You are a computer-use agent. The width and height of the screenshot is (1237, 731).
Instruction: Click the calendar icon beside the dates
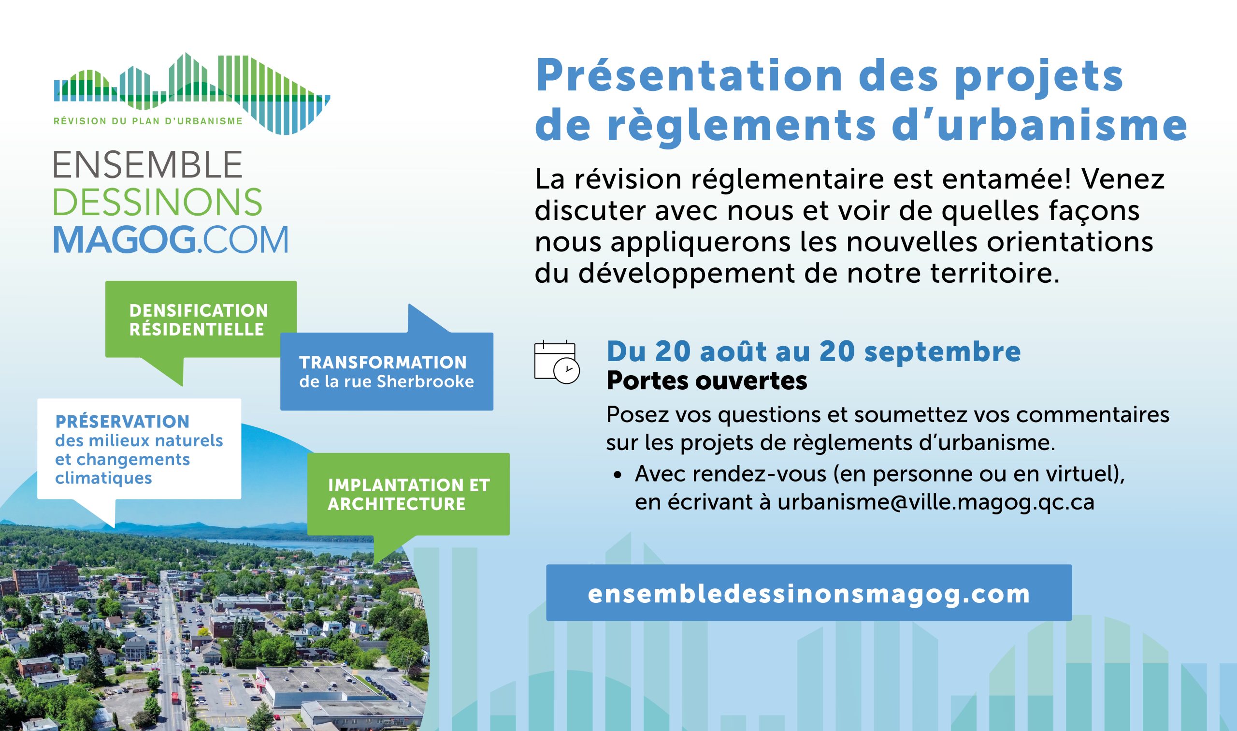tap(557, 362)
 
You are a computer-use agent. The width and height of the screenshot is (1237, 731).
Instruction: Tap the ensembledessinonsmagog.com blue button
tap(809, 593)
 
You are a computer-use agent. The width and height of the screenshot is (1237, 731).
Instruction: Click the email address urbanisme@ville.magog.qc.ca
tap(936, 502)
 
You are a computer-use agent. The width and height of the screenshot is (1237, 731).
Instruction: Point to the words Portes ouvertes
tap(706, 381)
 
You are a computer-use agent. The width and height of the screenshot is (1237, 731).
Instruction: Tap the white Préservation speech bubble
tap(139, 455)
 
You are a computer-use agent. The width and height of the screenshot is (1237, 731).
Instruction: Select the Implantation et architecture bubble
tap(409, 497)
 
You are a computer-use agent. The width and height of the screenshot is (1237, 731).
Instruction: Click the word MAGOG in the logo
tap(124, 240)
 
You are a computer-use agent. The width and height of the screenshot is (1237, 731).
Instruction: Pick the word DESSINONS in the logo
tap(158, 202)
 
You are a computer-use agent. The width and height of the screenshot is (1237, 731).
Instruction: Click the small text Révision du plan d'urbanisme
tap(148, 121)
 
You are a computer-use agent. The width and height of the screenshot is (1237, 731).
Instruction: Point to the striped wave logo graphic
tap(192, 94)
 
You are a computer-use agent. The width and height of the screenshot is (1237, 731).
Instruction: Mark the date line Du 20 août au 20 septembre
tap(814, 351)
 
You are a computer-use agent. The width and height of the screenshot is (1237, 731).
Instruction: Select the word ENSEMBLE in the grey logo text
tap(148, 164)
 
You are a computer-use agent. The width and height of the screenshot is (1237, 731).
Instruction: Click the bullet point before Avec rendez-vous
tap(618, 476)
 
